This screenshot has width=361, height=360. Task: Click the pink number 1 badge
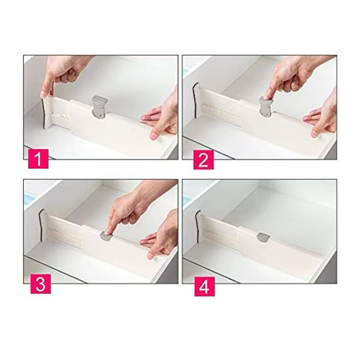[38, 159]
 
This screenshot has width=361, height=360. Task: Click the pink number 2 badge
[203, 160]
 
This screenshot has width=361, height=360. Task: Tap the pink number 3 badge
[40, 284]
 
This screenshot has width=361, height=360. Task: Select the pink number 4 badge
[204, 286]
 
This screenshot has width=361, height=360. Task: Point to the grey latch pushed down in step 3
[106, 236]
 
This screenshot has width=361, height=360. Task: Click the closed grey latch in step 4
[263, 237]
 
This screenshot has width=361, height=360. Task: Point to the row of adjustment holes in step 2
[221, 112]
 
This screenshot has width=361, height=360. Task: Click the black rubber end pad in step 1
[44, 113]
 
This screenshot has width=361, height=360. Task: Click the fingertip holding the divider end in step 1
[44, 94]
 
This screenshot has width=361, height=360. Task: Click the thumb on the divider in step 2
[315, 133]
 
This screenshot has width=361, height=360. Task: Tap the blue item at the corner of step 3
[29, 198]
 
